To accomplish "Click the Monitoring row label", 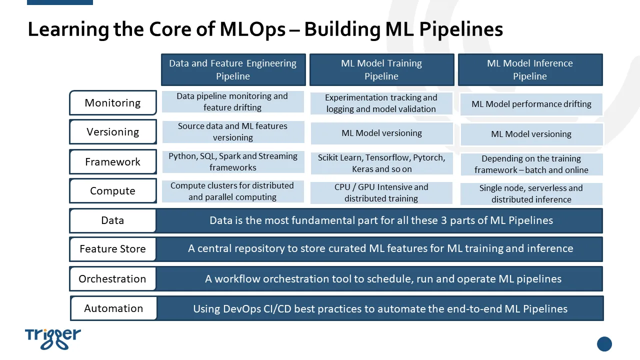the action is pyautogui.click(x=113, y=103).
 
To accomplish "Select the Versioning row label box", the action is pyautogui.click(x=113, y=131).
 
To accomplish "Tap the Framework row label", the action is pyautogui.click(x=113, y=161).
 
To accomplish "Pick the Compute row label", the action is pyautogui.click(x=113, y=191).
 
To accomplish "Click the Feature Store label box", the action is pyautogui.click(x=113, y=249).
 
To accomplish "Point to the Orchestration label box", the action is pyautogui.click(x=113, y=279).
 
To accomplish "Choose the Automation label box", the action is pyautogui.click(x=113, y=308).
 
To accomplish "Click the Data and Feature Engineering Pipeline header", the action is pyautogui.click(x=233, y=69).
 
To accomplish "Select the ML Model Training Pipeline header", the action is pyautogui.click(x=381, y=69).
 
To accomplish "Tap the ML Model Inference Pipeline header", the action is pyautogui.click(x=530, y=69).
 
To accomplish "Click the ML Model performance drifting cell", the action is pyautogui.click(x=531, y=104).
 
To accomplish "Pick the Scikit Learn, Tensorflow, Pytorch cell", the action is pyautogui.click(x=381, y=163).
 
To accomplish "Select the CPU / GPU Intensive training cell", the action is pyautogui.click(x=381, y=193).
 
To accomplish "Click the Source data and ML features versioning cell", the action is pyautogui.click(x=233, y=131).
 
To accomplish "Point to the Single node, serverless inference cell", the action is pyautogui.click(x=531, y=193).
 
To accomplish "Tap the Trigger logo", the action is pyautogui.click(x=53, y=339).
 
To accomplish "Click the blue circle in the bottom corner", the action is pyautogui.click(x=604, y=343).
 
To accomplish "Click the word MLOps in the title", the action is pyautogui.click(x=252, y=29).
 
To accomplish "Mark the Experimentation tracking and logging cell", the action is pyautogui.click(x=381, y=103).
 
